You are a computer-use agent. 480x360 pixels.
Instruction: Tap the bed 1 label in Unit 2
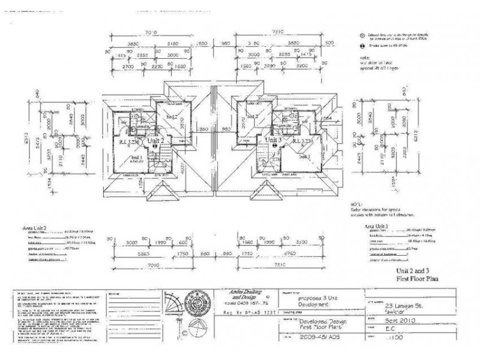point(136,157)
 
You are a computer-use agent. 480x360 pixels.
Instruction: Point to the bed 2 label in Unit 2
point(172,116)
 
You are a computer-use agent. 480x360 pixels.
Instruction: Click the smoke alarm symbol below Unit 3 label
point(274,145)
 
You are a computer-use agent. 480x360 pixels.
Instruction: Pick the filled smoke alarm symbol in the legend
point(362,46)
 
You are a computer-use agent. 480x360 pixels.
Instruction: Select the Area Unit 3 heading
point(380,226)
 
